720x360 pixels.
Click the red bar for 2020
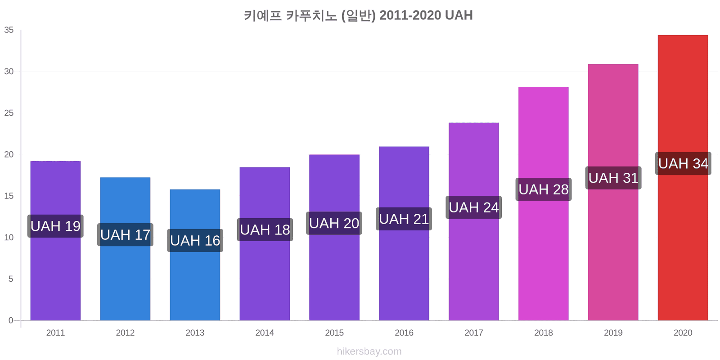point(683,178)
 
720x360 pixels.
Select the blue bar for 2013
point(195,255)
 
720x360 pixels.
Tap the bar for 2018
point(544,203)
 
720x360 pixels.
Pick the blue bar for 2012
point(126,249)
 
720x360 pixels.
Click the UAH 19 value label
point(55,226)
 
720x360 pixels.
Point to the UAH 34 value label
point(683,164)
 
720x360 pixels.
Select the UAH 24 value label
point(474,207)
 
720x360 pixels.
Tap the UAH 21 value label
point(404,219)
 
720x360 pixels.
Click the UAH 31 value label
point(613,178)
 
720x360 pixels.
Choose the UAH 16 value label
point(195,240)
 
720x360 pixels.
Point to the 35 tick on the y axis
point(9,30)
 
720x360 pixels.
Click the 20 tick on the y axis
point(9,154)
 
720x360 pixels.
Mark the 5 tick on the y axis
point(11,279)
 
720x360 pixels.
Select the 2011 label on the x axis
point(56,333)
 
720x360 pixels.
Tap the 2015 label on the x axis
point(334,333)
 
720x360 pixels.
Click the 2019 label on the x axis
point(613,333)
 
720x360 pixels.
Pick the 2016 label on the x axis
point(404,333)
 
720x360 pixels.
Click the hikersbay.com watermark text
point(369,351)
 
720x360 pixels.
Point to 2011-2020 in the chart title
point(410,15)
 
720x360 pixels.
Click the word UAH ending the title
point(459,15)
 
